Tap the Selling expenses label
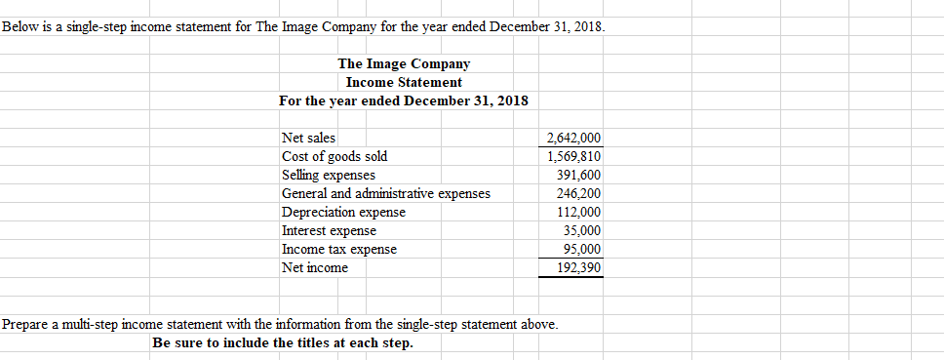(x=328, y=175)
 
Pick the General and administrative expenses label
(x=385, y=193)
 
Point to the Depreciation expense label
(x=343, y=212)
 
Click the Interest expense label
(x=329, y=230)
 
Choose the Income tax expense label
(x=338, y=249)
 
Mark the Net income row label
(x=314, y=267)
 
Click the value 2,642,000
(x=574, y=139)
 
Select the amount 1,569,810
(x=574, y=156)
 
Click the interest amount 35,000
(x=583, y=230)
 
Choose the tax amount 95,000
(x=583, y=249)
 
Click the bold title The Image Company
(x=404, y=63)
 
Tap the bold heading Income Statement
(x=404, y=82)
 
